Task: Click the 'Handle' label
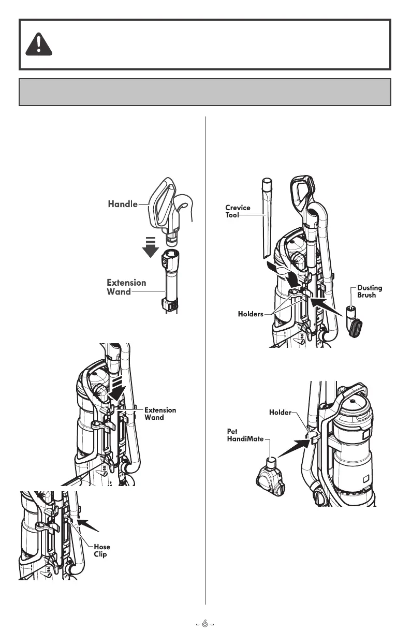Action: coord(122,204)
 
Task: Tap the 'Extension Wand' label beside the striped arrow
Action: coord(126,287)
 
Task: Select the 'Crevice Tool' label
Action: coord(238,211)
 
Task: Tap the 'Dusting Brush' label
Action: coord(370,291)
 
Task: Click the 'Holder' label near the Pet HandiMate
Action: coord(280,413)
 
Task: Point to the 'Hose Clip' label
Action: coord(102,550)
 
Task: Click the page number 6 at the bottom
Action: coord(205,624)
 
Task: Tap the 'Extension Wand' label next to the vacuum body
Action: coord(160,414)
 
